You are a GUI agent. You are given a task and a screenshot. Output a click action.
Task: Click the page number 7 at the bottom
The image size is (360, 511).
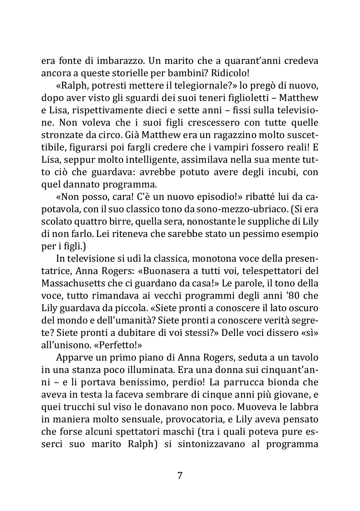tap(180, 475)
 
